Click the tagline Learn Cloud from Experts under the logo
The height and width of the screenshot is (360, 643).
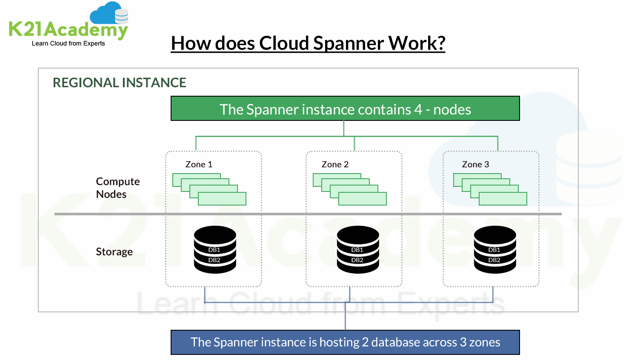click(68, 43)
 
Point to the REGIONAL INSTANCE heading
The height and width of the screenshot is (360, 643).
click(119, 83)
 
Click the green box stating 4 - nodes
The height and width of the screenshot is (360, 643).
click(345, 109)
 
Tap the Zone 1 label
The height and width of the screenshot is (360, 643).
click(199, 165)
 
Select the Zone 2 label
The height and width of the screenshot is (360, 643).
click(335, 165)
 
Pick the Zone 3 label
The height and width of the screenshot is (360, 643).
click(475, 165)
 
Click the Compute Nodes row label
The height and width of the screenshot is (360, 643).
click(117, 188)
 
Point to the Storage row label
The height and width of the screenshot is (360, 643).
click(114, 252)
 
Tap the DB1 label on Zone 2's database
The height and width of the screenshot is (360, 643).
click(357, 250)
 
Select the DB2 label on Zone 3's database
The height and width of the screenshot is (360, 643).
click(494, 260)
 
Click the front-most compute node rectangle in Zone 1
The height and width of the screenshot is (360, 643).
click(222, 199)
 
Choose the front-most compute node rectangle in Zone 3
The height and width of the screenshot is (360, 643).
click(503, 199)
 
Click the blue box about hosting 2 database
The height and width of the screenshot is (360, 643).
click(345, 342)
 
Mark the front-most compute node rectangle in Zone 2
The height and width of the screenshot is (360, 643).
click(363, 199)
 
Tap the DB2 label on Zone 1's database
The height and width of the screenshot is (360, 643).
click(214, 260)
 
